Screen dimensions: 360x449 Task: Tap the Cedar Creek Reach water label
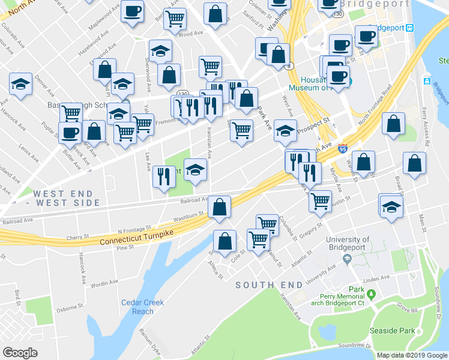tap(142, 307)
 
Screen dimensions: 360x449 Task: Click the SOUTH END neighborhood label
tap(267, 285)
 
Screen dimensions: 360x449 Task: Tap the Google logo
tap(20, 353)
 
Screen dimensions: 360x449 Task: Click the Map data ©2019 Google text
tap(412, 355)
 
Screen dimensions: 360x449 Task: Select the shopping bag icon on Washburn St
tap(220, 206)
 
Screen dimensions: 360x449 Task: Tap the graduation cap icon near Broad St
tap(391, 206)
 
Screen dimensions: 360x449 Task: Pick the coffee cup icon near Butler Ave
tap(70, 132)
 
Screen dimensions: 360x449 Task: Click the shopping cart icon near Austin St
tap(320, 200)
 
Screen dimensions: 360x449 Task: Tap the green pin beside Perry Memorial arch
tap(372, 295)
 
